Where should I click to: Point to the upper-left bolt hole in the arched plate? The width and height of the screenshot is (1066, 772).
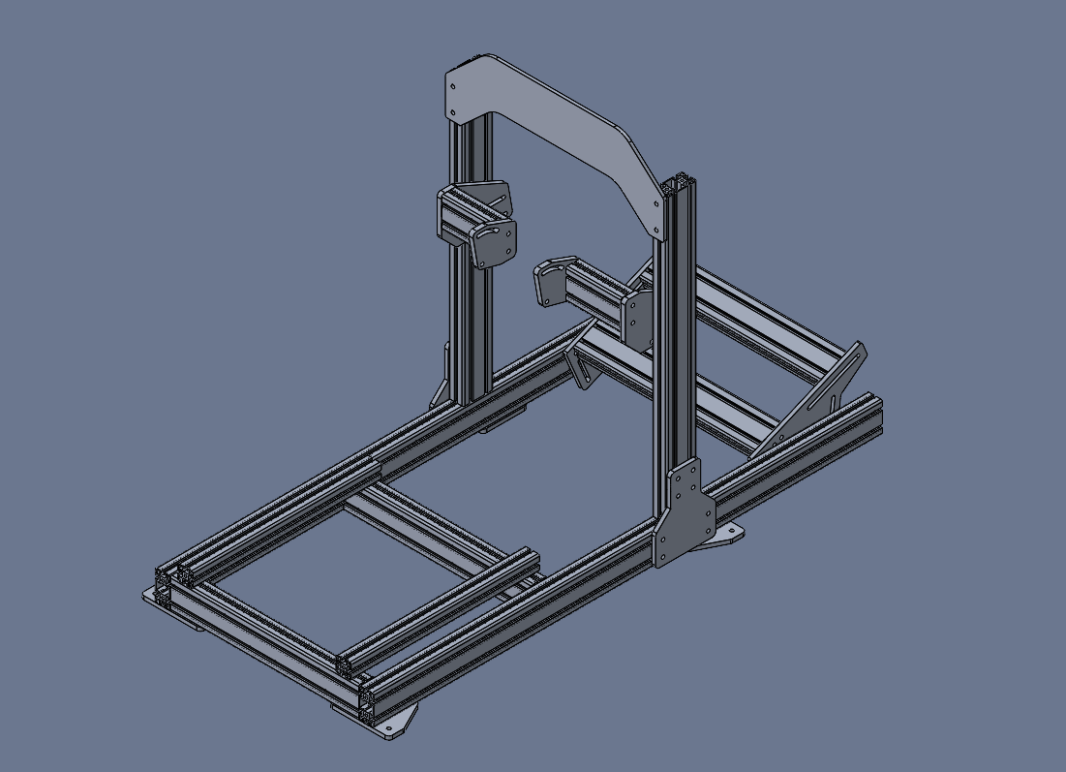(453, 86)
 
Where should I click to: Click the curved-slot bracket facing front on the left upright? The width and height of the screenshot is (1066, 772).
(493, 243)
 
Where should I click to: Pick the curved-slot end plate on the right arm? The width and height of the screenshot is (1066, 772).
(549, 281)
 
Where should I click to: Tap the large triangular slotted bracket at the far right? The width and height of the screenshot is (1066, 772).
(818, 397)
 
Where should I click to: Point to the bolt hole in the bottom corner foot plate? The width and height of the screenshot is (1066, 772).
(394, 726)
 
